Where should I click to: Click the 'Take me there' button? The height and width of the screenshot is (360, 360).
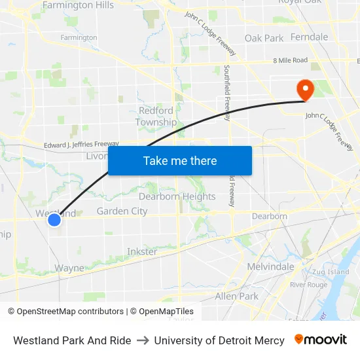coord(180,161)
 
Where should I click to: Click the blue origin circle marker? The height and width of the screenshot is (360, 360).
coord(54,220)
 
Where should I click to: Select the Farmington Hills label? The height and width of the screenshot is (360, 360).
coord(78,5)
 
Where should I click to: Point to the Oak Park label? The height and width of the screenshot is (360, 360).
coord(264,38)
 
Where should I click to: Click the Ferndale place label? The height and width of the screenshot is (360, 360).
coord(309,37)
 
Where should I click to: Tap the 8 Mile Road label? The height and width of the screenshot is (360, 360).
coord(291,60)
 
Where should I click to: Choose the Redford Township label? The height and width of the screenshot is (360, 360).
coord(156,117)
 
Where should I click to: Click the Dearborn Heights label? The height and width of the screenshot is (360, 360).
coord(177,196)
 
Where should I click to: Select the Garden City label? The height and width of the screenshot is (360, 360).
coord(122,211)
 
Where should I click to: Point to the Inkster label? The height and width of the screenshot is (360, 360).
coord(142,251)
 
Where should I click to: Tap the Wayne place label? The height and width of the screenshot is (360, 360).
coord(69,268)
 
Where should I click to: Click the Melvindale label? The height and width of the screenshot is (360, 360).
coord(270,266)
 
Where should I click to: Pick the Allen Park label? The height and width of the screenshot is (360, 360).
coord(237,296)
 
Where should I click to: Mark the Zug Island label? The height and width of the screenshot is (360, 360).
coord(331,272)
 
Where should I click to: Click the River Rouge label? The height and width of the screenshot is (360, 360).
coord(308,285)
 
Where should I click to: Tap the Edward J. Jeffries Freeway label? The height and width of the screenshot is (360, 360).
coord(81,144)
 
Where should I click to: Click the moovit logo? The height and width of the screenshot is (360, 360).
coord(321,340)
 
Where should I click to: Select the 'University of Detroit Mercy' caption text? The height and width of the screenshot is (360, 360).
coord(219,340)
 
